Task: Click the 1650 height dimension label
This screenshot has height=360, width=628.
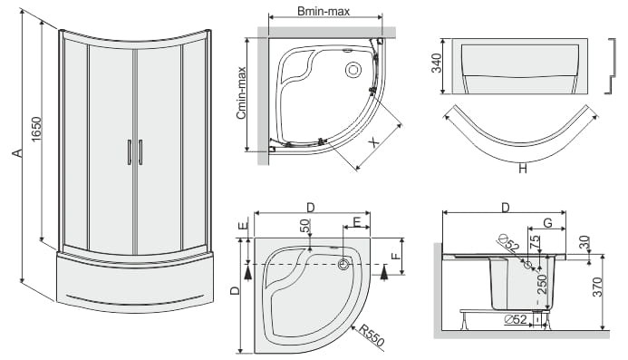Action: (x=35, y=129)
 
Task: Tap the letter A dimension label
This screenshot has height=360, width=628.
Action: (x=16, y=152)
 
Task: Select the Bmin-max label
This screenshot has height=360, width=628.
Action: (x=324, y=11)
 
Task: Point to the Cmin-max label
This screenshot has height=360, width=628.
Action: (x=241, y=92)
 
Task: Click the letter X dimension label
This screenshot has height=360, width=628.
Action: (x=373, y=141)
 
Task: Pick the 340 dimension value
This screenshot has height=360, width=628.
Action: (x=437, y=63)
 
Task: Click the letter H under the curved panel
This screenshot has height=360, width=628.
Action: (x=522, y=170)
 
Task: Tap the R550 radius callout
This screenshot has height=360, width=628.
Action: (x=372, y=336)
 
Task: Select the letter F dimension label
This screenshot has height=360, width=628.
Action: (x=396, y=256)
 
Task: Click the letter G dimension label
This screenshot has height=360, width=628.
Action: (x=547, y=222)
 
